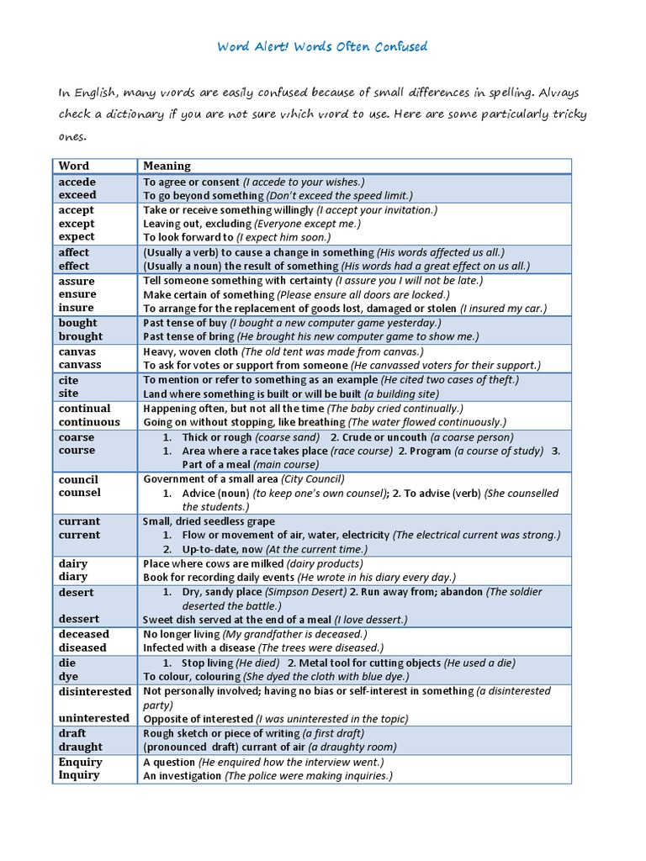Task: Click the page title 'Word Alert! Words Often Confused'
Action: point(323,46)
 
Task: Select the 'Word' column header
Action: point(74,166)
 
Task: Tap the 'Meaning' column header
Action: point(167,166)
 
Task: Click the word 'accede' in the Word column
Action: point(77,182)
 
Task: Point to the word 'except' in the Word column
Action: point(77,224)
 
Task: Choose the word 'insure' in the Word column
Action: point(77,309)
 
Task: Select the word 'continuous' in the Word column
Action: point(89,422)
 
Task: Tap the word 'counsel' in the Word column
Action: point(80,493)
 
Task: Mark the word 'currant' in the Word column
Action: point(79,521)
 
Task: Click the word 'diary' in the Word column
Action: point(73,577)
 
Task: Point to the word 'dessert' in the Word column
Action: point(77,619)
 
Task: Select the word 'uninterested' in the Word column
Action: point(94,718)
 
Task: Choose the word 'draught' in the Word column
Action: point(81,747)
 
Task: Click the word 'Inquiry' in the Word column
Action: point(79,775)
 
